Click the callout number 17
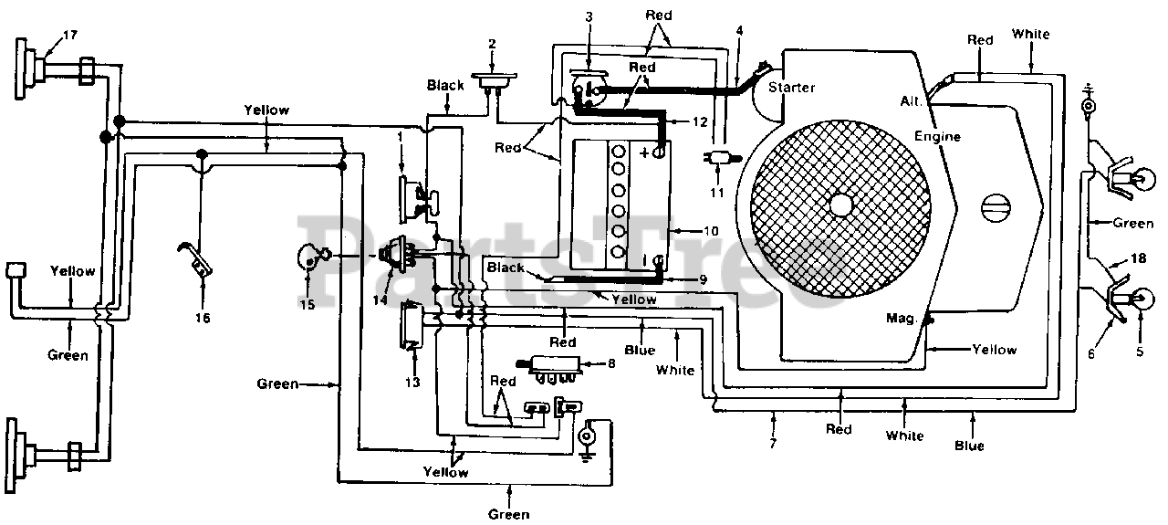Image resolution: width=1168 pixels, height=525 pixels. (x=70, y=35)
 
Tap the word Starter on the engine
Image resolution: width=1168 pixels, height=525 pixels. (x=791, y=87)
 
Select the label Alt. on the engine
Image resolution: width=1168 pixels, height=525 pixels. (x=911, y=100)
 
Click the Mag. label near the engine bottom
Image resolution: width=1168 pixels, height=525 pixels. (x=902, y=319)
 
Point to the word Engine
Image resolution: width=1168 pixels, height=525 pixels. (x=937, y=137)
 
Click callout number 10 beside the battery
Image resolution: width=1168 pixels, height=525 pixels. (x=711, y=231)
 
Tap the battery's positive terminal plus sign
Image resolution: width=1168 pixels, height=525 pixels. (x=644, y=152)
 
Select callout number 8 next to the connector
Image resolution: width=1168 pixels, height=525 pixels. (x=611, y=363)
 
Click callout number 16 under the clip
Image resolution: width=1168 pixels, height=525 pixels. (x=203, y=318)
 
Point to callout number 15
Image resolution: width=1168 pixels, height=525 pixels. (x=308, y=304)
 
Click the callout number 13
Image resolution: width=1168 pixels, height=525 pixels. (x=412, y=383)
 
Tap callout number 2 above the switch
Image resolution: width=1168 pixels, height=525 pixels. (x=492, y=45)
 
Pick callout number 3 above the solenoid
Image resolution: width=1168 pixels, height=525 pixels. (x=589, y=16)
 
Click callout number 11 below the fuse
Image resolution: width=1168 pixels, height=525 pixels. (x=717, y=193)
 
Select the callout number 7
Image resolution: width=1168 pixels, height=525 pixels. (x=773, y=443)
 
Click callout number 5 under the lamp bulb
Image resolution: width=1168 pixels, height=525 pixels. (x=1140, y=352)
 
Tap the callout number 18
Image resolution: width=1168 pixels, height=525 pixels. (x=1138, y=258)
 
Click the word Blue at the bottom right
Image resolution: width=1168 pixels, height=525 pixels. (x=969, y=446)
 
